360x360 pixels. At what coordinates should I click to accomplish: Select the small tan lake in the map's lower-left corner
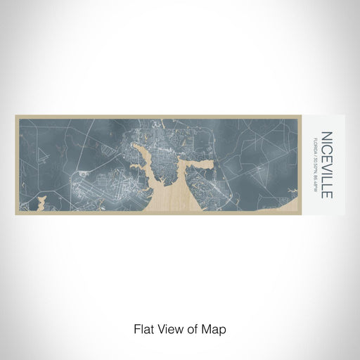tap(40, 205)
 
